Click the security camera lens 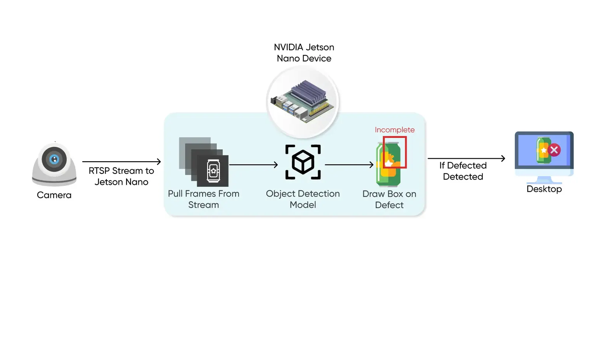(x=54, y=159)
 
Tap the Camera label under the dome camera (x=54, y=195)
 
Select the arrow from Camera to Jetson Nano (x=121, y=162)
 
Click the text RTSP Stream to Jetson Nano (x=121, y=176)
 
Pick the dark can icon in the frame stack (x=213, y=171)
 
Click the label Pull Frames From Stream (x=204, y=199)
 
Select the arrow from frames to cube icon (x=253, y=165)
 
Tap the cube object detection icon (x=303, y=162)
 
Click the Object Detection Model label (x=303, y=199)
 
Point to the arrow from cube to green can (x=349, y=165)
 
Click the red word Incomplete (x=395, y=130)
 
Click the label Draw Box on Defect (x=389, y=200)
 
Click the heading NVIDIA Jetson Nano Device (x=304, y=53)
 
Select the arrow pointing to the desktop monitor (x=466, y=158)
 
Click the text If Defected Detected (x=463, y=171)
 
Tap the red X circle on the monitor (x=554, y=150)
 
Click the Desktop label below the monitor (x=544, y=189)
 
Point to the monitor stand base (x=544, y=181)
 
